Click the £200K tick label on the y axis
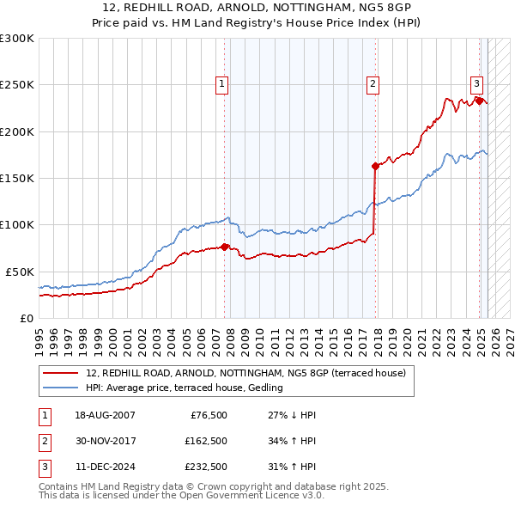pyautogui.click(x=17, y=132)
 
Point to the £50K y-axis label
pyautogui.click(x=20, y=272)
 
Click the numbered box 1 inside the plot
pyautogui.click(x=222, y=84)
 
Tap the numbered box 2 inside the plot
pyautogui.click(x=373, y=84)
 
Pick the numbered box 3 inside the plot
pyautogui.click(x=476, y=84)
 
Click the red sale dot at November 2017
pyautogui.click(x=375, y=167)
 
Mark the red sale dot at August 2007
pyautogui.click(x=224, y=247)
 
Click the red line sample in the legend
pyautogui.click(x=60, y=374)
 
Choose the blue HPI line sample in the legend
pyautogui.click(x=60, y=388)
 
